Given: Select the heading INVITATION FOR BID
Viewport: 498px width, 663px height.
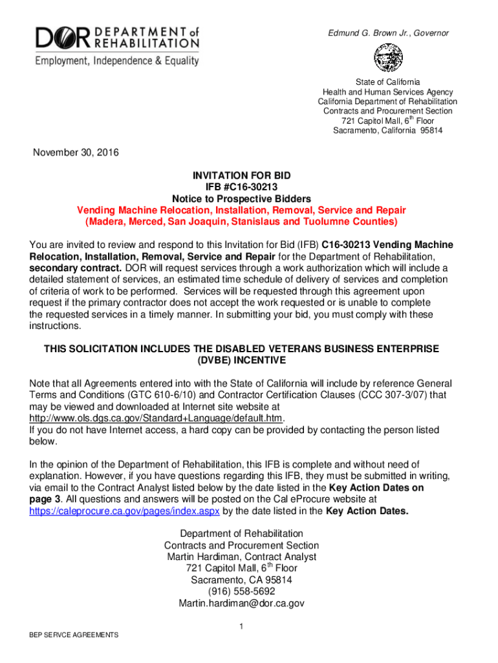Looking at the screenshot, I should pos(241,176).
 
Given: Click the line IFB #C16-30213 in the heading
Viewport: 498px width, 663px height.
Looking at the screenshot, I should pos(241,187).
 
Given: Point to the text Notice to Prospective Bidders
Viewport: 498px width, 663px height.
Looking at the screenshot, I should pos(241,199).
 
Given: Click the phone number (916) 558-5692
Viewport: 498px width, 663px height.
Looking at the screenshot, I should pos(241,592).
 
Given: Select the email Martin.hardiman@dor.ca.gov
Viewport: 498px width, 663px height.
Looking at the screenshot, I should pos(241,603).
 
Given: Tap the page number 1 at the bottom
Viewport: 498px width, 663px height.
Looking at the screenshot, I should pos(241,626).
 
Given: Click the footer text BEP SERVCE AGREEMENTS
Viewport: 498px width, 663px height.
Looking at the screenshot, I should pos(69,635).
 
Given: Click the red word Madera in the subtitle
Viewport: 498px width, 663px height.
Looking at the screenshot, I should pos(105,221).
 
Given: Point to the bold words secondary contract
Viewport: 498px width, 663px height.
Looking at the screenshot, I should pos(75,268).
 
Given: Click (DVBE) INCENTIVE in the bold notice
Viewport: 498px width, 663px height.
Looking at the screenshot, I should pos(241,360).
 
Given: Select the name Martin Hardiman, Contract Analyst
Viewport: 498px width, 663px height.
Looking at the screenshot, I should pos(241,557).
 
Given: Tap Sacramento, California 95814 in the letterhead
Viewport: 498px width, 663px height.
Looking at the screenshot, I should pos(387,131).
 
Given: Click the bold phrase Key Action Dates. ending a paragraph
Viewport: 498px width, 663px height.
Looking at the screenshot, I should pos(367,511).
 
